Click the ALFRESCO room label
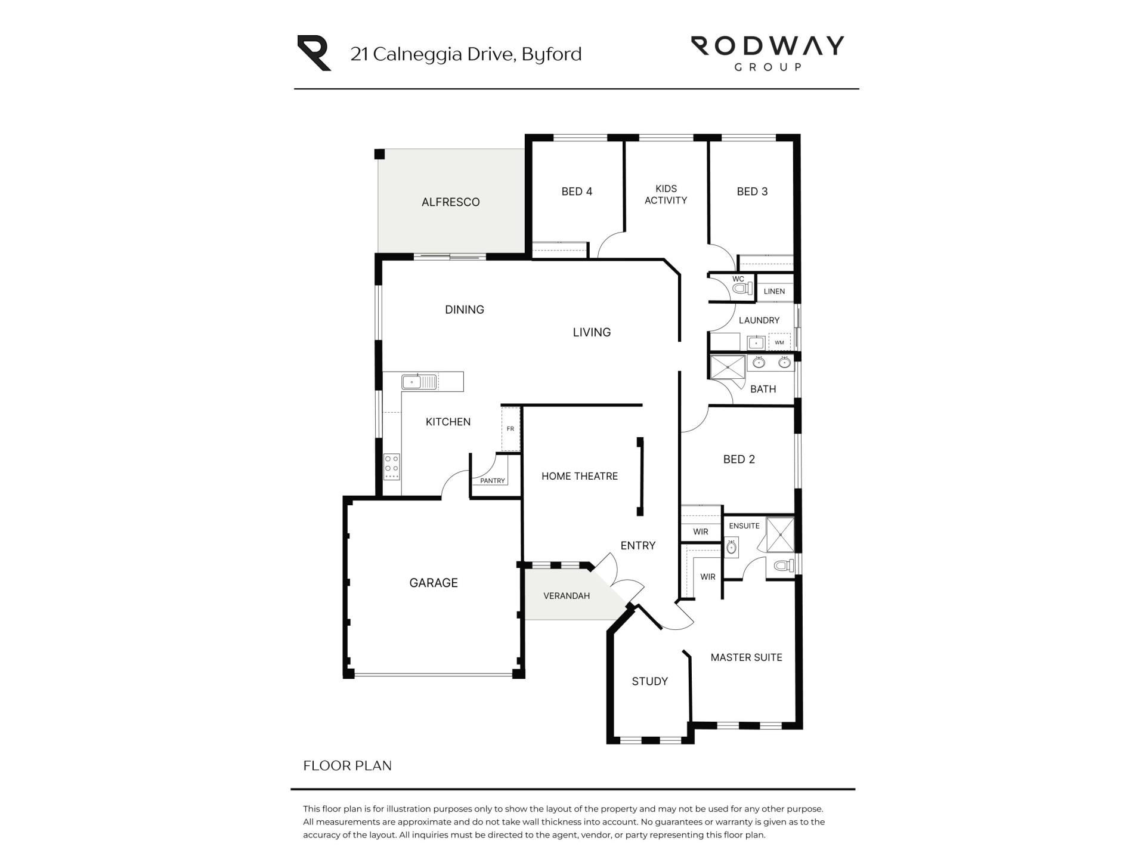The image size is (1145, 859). point(450,202)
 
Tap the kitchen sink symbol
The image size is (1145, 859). point(420,382)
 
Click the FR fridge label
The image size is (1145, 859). point(510,429)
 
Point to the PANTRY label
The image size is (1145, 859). point(493,481)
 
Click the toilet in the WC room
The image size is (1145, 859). point(742,289)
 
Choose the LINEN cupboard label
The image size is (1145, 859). point(774,291)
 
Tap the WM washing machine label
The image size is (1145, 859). point(779,342)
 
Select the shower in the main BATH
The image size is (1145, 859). point(728,367)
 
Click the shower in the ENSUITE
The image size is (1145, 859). point(780,534)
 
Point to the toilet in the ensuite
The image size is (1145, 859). point(784,566)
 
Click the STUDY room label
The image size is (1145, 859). point(649,681)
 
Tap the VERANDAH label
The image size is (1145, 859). point(567,596)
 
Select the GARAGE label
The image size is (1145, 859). point(434,583)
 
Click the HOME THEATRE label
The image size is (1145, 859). point(580,476)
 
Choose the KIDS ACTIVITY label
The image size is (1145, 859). point(666,194)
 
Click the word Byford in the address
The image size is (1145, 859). point(552,54)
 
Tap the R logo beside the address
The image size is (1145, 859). point(314,53)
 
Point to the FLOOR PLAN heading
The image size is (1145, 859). point(348,765)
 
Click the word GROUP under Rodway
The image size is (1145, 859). point(768,67)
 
